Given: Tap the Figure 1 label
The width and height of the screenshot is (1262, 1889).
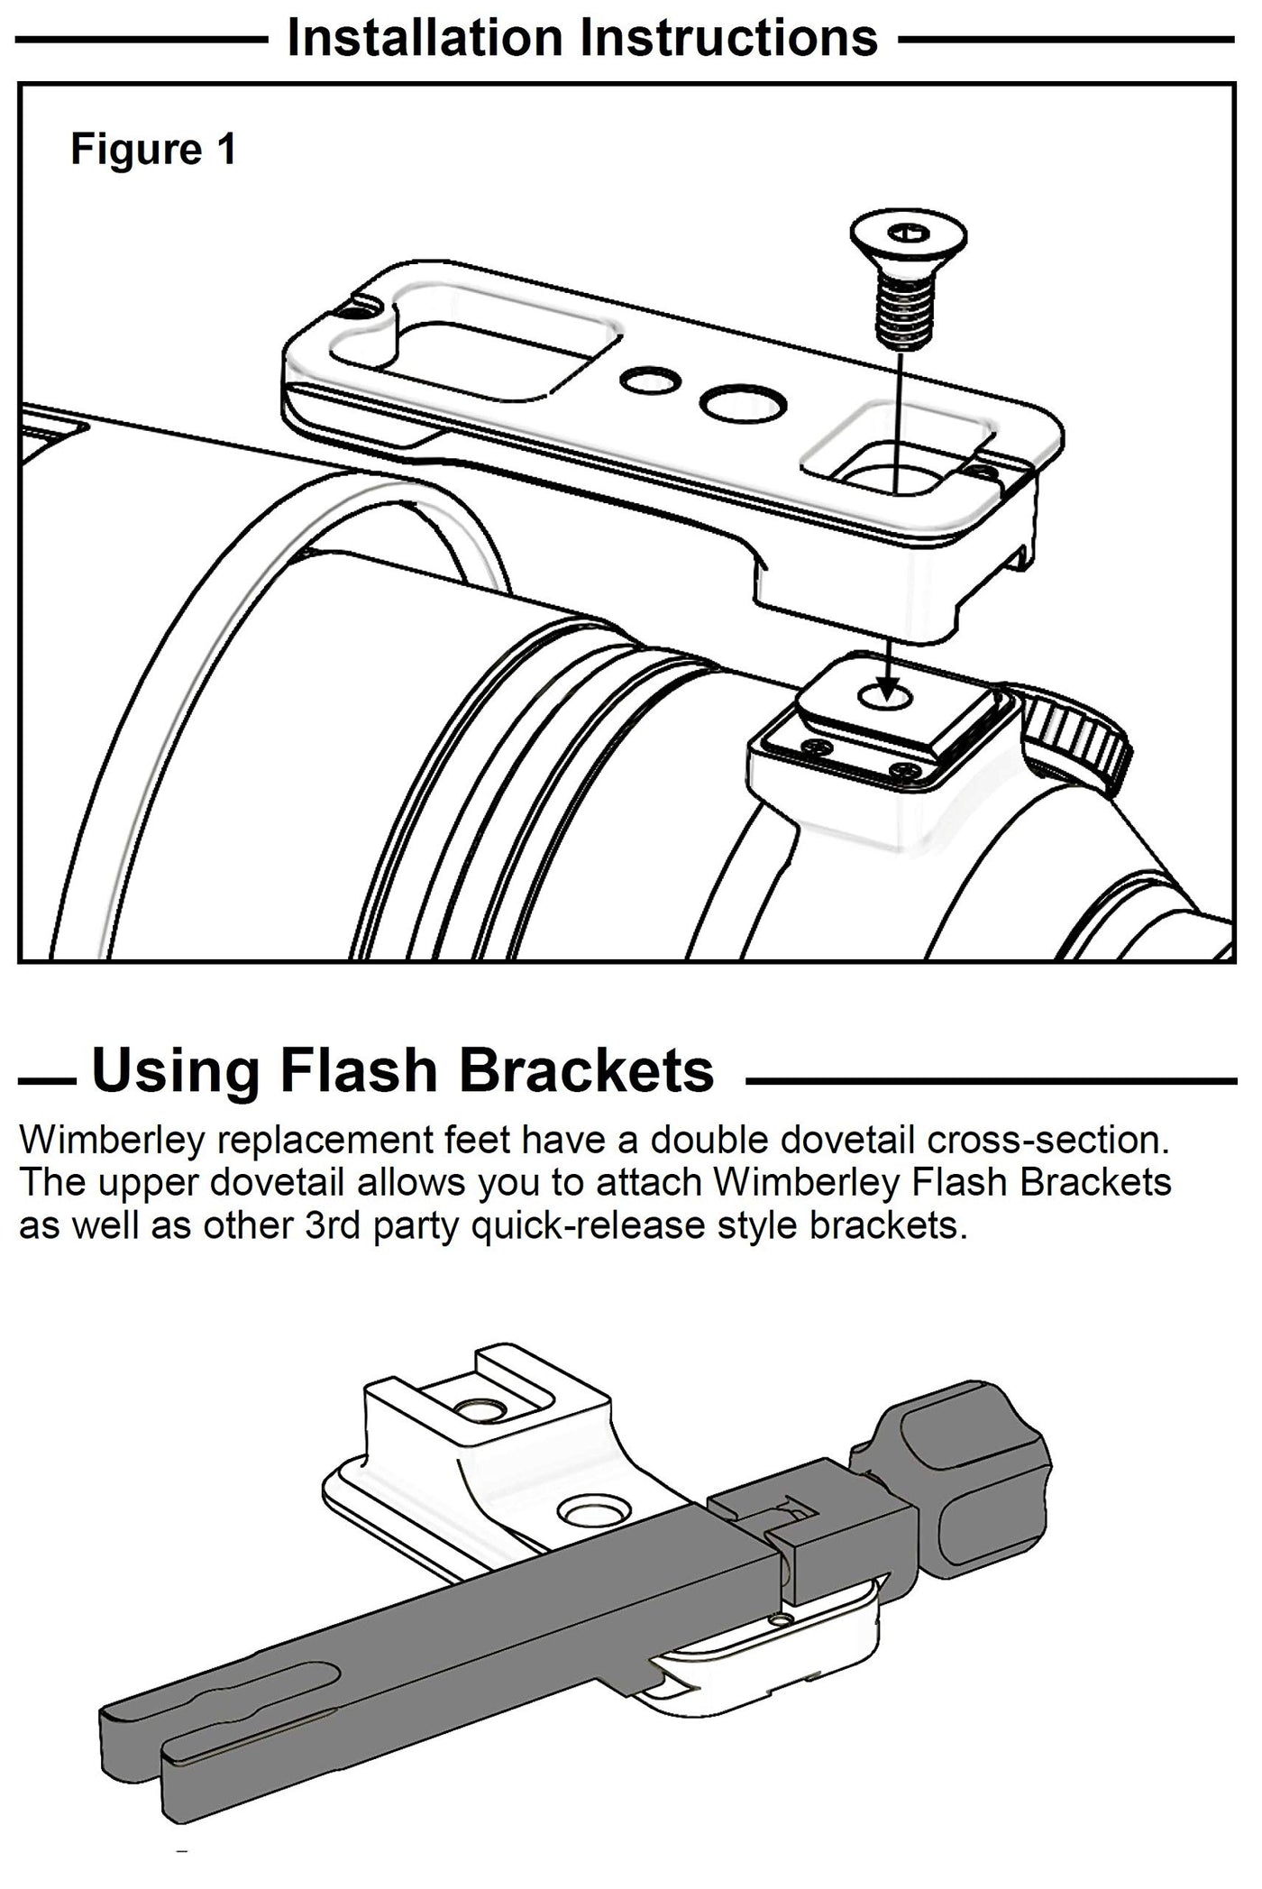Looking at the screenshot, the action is click(153, 149).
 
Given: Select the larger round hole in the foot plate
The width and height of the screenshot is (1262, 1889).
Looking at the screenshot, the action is click(742, 403).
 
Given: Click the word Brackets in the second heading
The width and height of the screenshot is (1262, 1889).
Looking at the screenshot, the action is click(585, 1070).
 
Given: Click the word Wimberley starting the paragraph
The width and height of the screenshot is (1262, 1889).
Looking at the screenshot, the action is click(110, 1141).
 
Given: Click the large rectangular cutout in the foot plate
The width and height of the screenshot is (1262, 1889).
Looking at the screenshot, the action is click(473, 344).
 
